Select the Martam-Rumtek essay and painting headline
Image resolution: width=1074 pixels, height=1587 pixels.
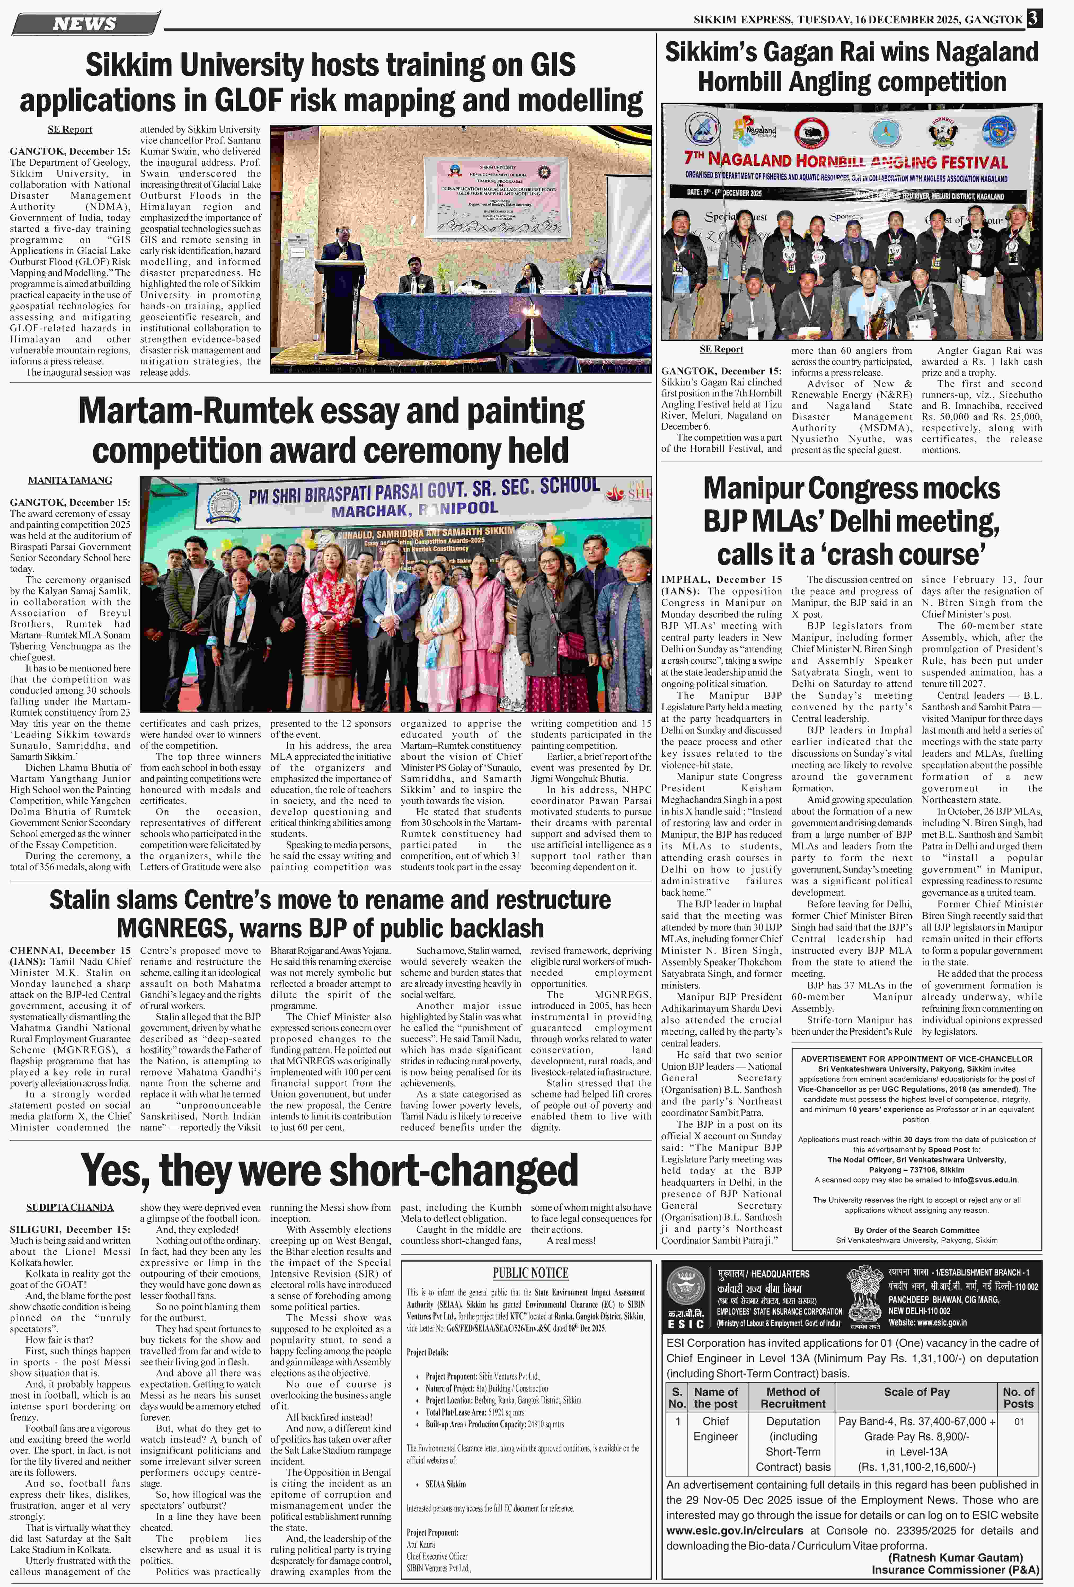331,430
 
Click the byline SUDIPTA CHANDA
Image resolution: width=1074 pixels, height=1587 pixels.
70,1207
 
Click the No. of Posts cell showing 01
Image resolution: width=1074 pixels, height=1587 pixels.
1019,1421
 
